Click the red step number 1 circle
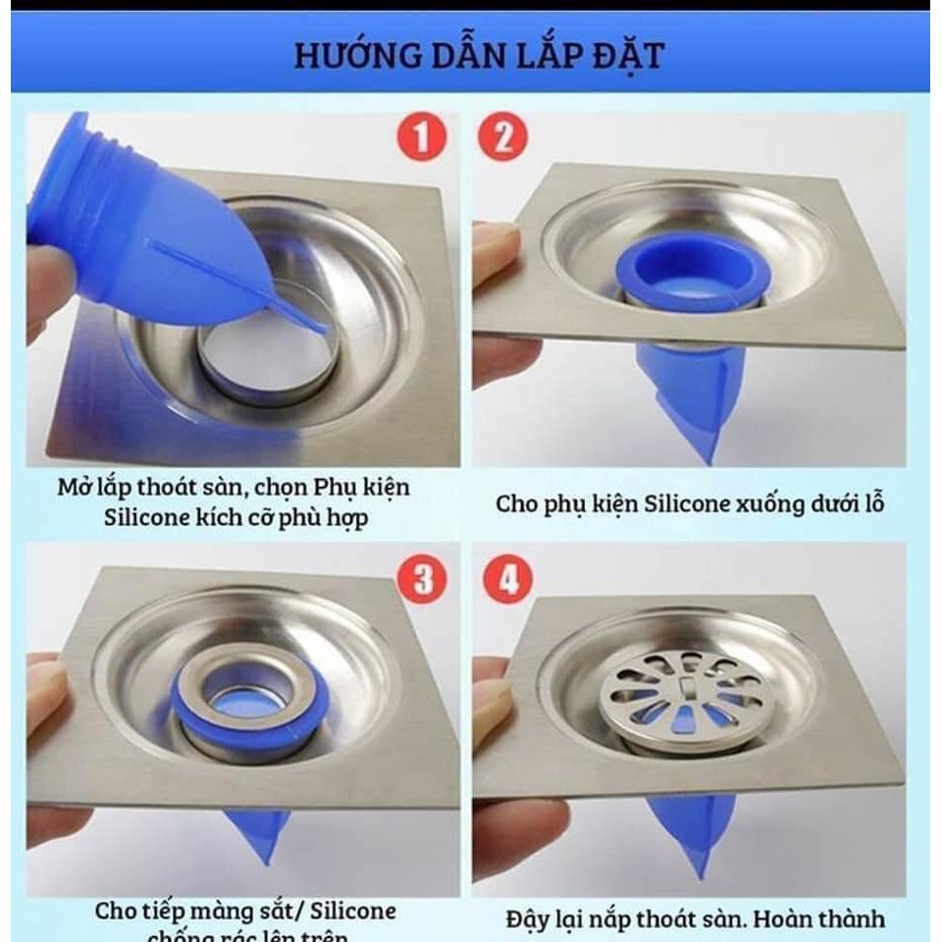pos(421,137)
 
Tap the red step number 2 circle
pos(504,137)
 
